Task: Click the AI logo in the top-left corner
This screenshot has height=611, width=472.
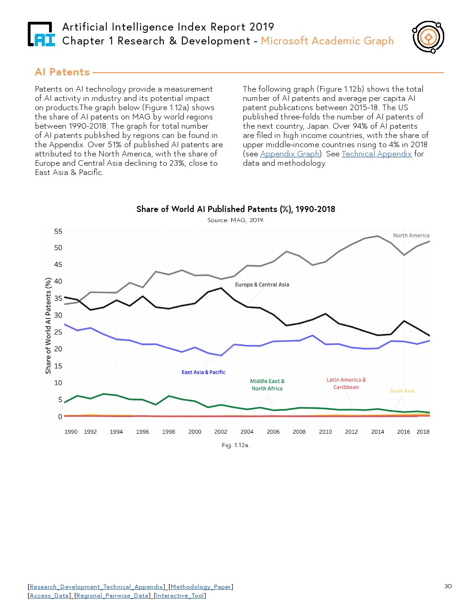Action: coord(41,34)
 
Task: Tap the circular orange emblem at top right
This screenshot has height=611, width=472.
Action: coord(428,37)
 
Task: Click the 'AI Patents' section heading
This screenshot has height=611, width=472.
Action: coord(62,72)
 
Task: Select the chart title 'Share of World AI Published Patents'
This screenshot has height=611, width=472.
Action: coord(236,209)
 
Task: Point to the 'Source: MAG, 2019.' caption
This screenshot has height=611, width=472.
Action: coord(236,220)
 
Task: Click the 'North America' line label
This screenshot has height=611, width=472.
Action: coord(411,236)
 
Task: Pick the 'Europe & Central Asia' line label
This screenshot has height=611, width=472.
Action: coord(262,285)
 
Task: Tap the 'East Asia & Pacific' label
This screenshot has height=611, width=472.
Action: coord(203,372)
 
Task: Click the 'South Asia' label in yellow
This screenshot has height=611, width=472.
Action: coord(402,391)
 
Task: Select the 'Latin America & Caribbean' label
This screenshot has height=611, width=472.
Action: coord(346,383)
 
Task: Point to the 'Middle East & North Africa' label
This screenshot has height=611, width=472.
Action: coord(267,385)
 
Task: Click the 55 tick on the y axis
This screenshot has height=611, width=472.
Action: coord(58,231)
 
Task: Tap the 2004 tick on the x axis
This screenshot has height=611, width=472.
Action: coord(247,432)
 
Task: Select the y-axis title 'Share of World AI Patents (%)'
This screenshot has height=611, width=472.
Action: coord(48,326)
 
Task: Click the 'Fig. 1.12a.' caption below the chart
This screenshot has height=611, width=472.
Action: coord(236,445)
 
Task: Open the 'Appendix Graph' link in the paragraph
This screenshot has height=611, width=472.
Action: coord(290,154)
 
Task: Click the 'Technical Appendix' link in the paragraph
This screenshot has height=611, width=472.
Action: coord(376,154)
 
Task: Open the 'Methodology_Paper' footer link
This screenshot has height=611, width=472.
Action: coord(201,587)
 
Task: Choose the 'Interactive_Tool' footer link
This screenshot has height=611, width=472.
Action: coord(180,596)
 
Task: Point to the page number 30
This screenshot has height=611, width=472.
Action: coord(448,586)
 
